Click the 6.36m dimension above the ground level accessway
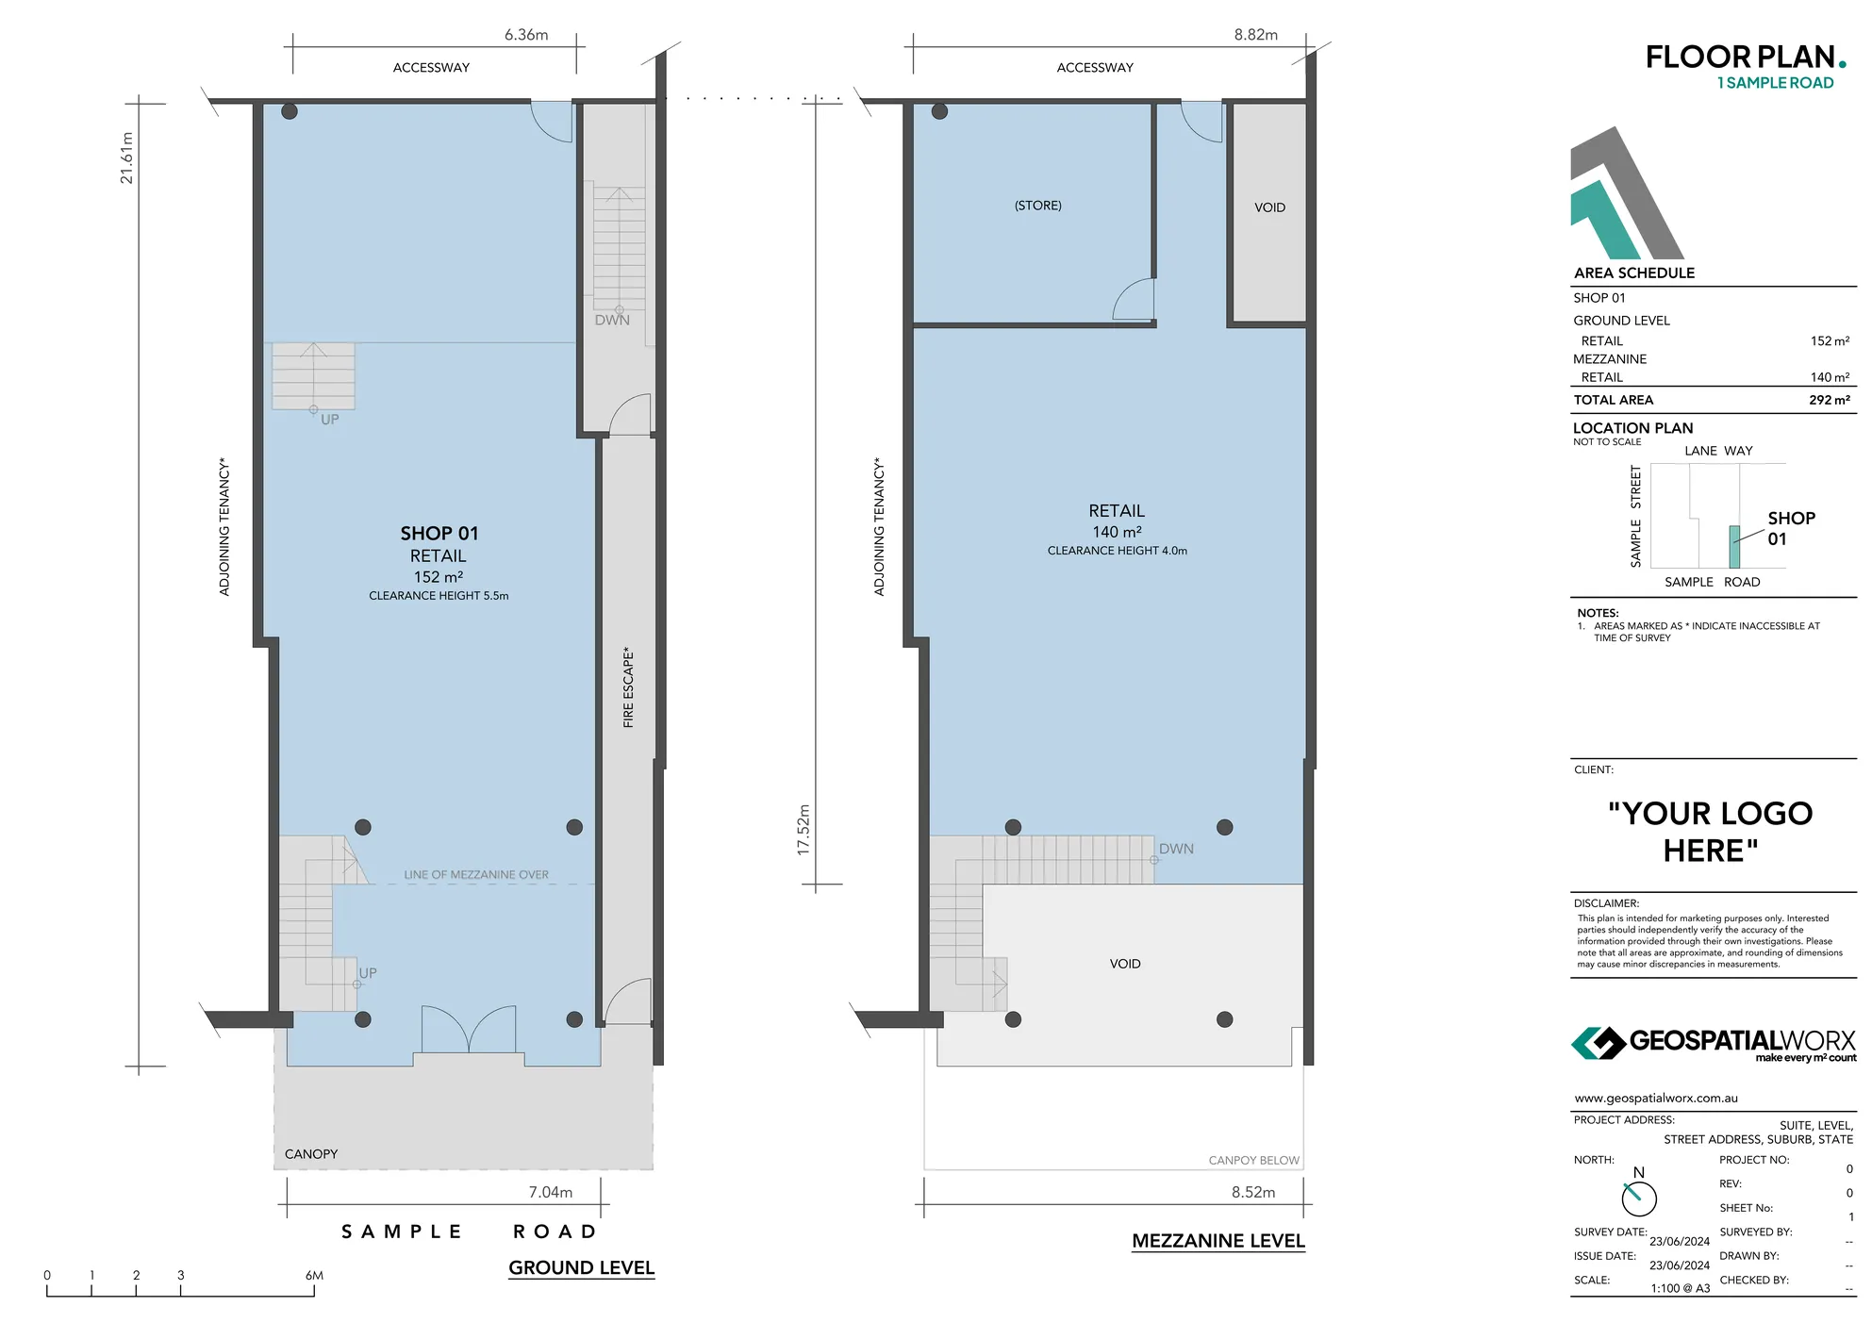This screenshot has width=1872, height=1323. pos(525,35)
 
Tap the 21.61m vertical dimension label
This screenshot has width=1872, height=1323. pos(127,157)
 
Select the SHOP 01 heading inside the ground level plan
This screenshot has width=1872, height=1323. pos(439,534)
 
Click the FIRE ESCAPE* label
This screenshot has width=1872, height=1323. pos(628,687)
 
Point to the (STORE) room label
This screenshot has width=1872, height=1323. pos(1037,206)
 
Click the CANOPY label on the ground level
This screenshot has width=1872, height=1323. pos(310,1154)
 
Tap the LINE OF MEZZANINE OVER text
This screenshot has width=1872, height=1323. pos(475,875)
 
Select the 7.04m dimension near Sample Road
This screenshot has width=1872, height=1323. pos(550,1192)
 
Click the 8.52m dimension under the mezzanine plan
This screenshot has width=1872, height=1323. pos(1252,1192)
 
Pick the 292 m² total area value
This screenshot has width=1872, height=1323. pos(1829,400)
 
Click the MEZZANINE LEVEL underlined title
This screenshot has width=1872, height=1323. pos(1218,1241)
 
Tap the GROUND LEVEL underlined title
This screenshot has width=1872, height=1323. pos(581,1268)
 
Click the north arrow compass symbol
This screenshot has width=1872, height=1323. pos(1638,1198)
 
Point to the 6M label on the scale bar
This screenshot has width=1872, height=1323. pos(314,1275)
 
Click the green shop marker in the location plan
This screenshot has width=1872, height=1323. pos(1733,547)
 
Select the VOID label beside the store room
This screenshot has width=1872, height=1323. pos(1269,207)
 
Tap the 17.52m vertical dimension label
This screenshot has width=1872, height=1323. pos(803,830)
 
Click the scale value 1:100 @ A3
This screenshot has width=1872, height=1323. pos(1680,1288)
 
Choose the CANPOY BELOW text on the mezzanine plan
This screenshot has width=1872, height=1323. pos(1253,1161)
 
